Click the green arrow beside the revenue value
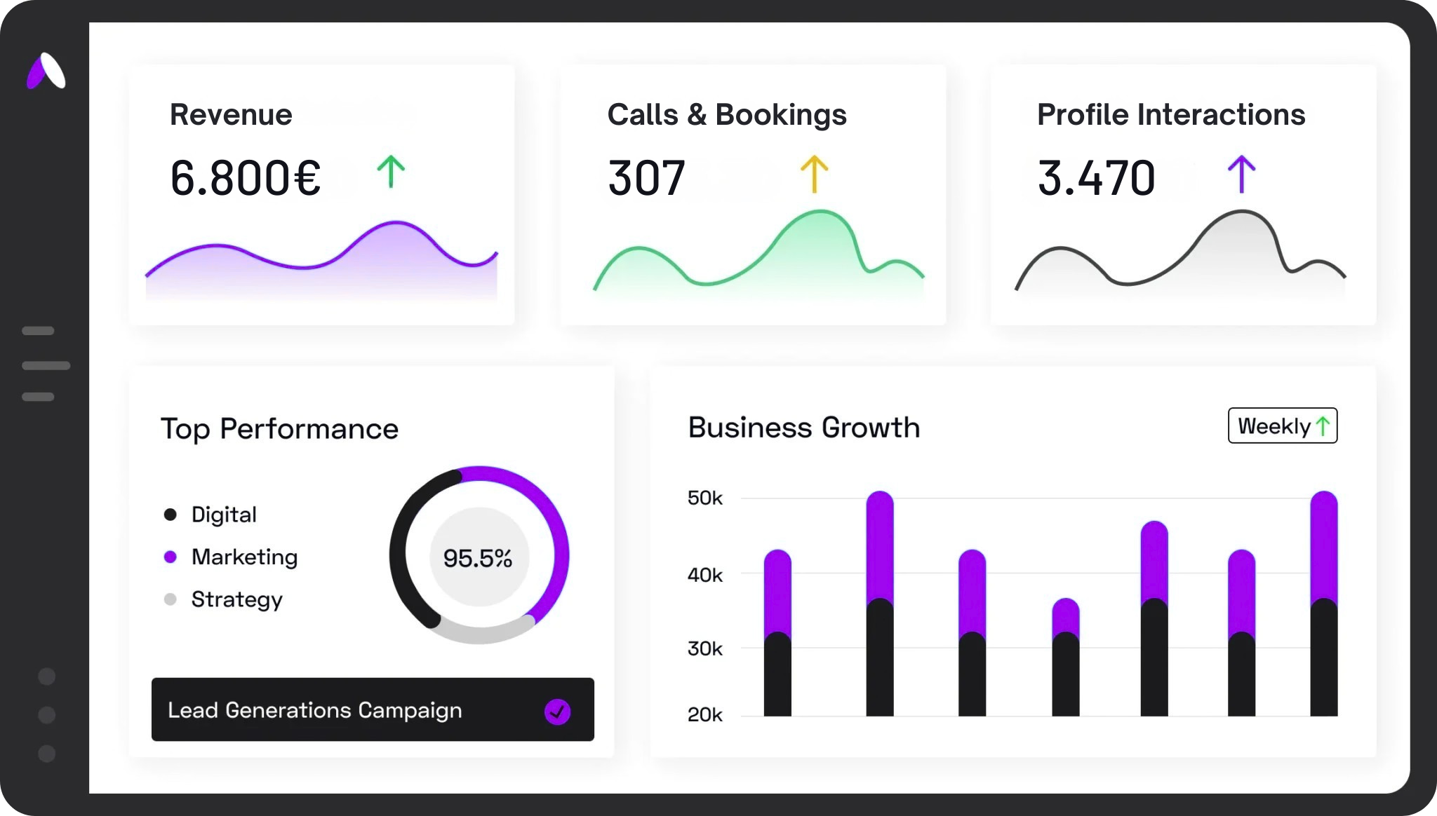(391, 172)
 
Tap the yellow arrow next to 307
(814, 174)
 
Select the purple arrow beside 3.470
(1241, 174)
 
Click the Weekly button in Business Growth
(1282, 426)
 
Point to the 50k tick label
(704, 498)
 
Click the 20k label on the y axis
(704, 715)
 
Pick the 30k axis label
(704, 648)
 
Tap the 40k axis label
(704, 576)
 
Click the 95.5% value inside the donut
(478, 558)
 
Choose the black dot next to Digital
(170, 515)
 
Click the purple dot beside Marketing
(170, 557)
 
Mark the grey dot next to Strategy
(170, 599)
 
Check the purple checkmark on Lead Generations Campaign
(557, 712)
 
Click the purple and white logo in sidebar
(46, 72)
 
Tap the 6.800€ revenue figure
(245, 177)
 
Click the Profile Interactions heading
(1170, 114)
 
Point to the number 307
(646, 177)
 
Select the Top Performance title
(279, 429)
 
